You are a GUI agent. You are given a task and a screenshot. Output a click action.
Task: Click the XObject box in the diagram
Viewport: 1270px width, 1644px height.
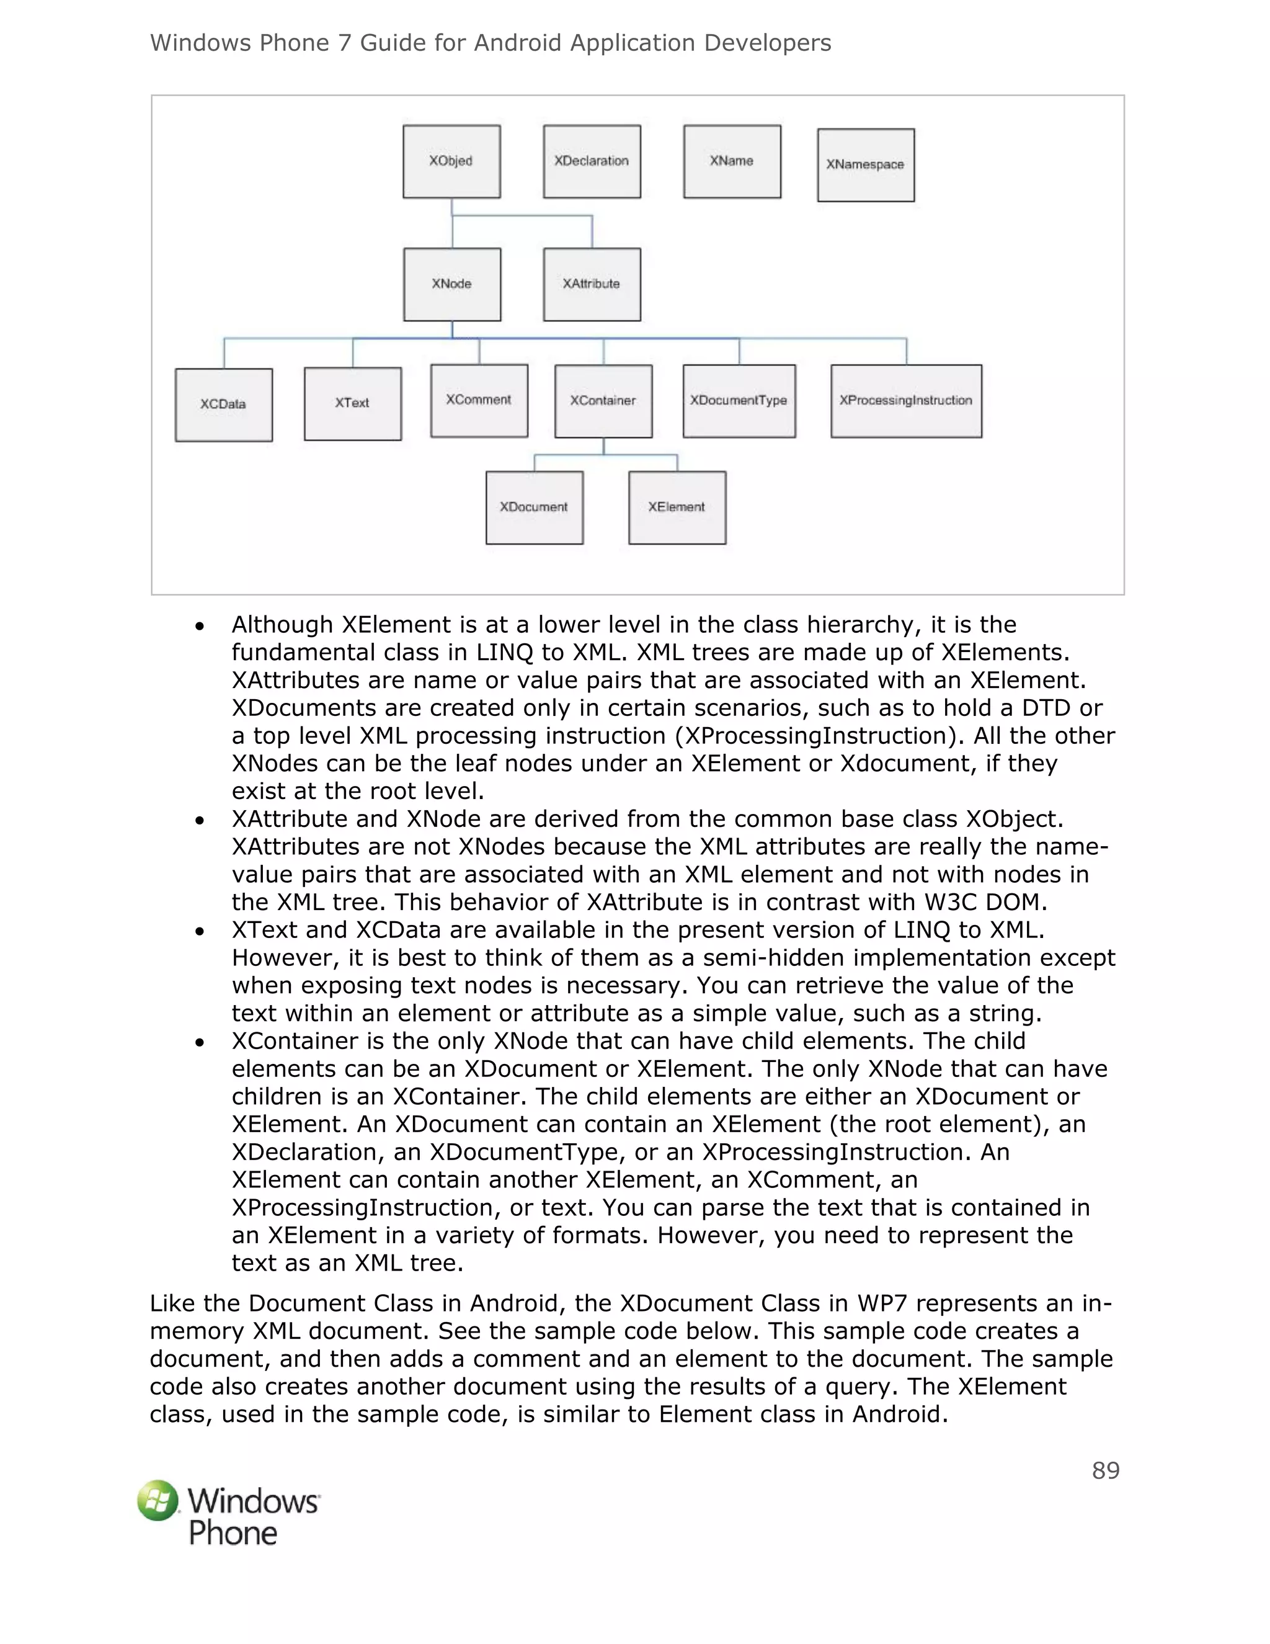451,161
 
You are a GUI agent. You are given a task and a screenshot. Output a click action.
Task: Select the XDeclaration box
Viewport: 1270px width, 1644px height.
592,161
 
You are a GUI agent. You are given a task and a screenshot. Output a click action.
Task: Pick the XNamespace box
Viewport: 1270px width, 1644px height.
866,165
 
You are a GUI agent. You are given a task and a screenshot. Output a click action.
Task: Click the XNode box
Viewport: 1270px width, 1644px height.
452,284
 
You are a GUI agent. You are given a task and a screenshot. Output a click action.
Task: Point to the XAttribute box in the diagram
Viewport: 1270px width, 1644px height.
592,284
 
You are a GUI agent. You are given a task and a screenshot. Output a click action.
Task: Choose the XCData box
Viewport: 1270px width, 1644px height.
223,404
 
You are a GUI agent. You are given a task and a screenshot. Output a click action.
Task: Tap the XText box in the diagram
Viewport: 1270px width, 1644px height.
353,403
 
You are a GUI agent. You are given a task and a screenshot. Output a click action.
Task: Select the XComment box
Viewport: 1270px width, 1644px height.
479,401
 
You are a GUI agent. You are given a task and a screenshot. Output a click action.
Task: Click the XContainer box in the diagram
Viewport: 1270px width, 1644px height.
603,401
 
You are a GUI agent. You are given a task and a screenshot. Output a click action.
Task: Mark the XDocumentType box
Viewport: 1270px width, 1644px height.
739,401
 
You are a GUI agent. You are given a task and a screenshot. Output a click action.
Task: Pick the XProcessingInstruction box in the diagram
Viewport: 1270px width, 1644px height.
906,401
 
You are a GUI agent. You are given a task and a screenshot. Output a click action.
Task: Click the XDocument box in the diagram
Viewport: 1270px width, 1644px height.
534,507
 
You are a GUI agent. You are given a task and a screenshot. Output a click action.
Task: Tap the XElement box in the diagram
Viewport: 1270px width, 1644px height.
677,507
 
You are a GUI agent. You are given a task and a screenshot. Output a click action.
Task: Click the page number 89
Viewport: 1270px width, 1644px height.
1105,1471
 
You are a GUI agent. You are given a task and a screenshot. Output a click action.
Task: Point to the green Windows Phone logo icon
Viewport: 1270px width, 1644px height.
158,1500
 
